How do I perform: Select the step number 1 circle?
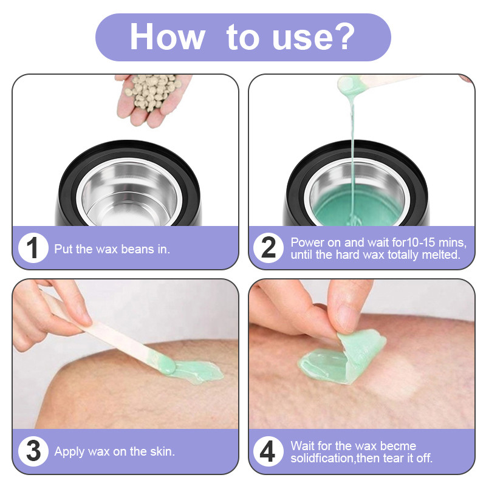[33, 248]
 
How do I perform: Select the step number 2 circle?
[269, 248]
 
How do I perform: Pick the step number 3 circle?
[33, 451]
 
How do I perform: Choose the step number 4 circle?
[269, 451]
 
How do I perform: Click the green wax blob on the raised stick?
[350, 85]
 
